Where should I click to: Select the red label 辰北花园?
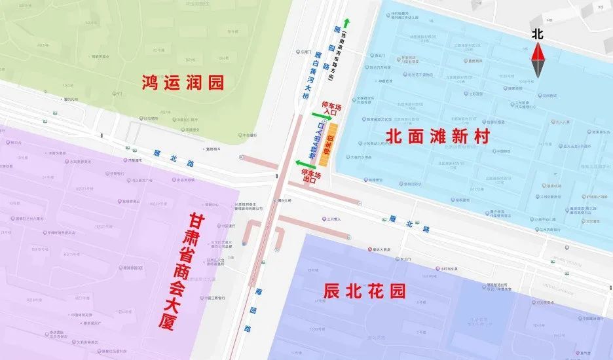point(364,291)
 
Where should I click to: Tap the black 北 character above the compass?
point(538,33)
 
